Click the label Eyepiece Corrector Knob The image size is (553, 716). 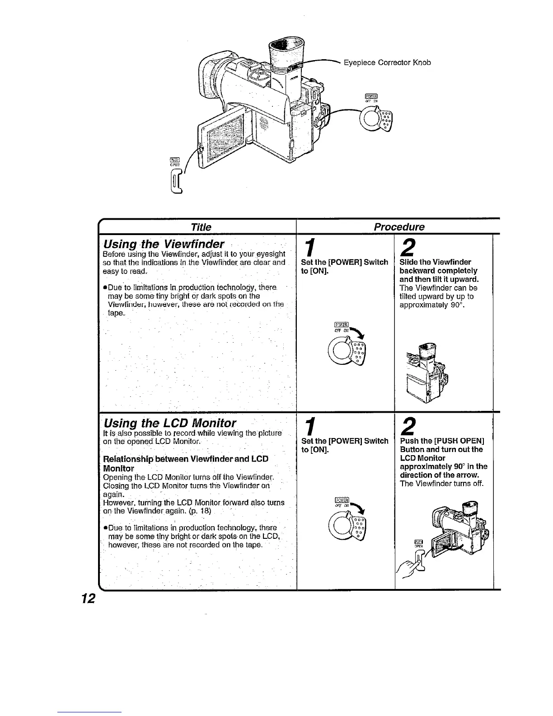click(387, 62)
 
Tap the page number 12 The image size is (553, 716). click(87, 598)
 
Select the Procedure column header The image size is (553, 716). click(398, 226)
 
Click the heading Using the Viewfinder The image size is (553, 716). click(164, 245)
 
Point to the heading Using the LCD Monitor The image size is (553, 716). click(170, 423)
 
